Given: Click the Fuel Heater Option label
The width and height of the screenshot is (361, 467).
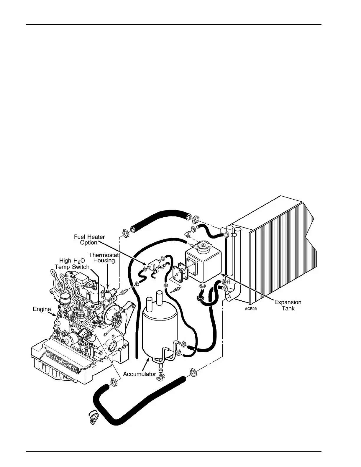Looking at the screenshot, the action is click(89, 239).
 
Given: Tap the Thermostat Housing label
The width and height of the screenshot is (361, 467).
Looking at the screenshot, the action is click(104, 257).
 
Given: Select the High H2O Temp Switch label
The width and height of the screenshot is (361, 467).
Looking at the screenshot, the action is click(72, 264).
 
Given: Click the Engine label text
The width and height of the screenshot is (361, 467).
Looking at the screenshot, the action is click(42, 309).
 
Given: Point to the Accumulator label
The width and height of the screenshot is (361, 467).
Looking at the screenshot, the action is click(139, 374).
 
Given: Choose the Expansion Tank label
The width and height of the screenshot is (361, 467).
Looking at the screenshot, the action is click(288, 305).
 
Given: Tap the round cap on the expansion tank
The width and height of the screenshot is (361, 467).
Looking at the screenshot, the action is click(204, 246).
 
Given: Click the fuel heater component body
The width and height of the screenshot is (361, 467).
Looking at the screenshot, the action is click(154, 263).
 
